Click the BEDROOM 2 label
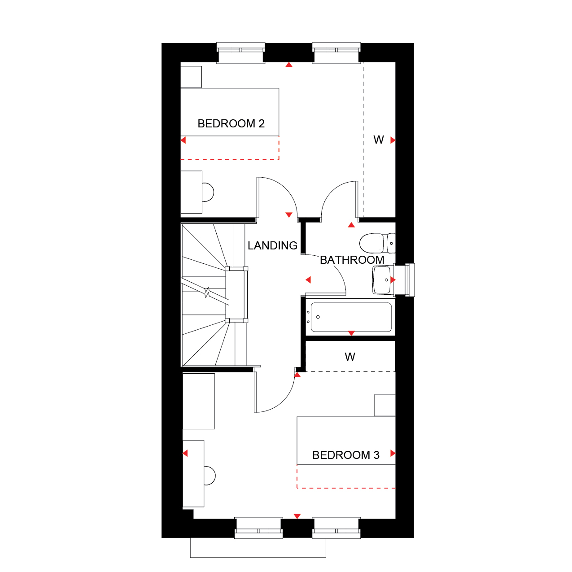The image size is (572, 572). pos(231,123)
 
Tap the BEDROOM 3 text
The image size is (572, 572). pos(346,455)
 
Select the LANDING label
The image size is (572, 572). pos(272,245)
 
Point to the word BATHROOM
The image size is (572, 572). pos(352,260)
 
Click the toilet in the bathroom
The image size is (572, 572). pos(377,243)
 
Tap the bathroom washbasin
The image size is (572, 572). pos(382,279)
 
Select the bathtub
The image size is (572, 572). pos(351,317)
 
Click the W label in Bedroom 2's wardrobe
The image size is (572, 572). pos(379,140)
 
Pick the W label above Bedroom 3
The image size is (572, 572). pos(350,357)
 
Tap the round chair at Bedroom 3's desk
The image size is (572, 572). pos(210,476)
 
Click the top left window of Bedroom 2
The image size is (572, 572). pos(240,53)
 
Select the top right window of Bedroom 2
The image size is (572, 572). pos(336,53)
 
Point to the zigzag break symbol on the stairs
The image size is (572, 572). pos(207,292)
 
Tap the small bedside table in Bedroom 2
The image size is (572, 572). pos(191,77)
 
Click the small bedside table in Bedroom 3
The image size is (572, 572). pos(384,405)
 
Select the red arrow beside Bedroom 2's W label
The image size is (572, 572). pos(393,140)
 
